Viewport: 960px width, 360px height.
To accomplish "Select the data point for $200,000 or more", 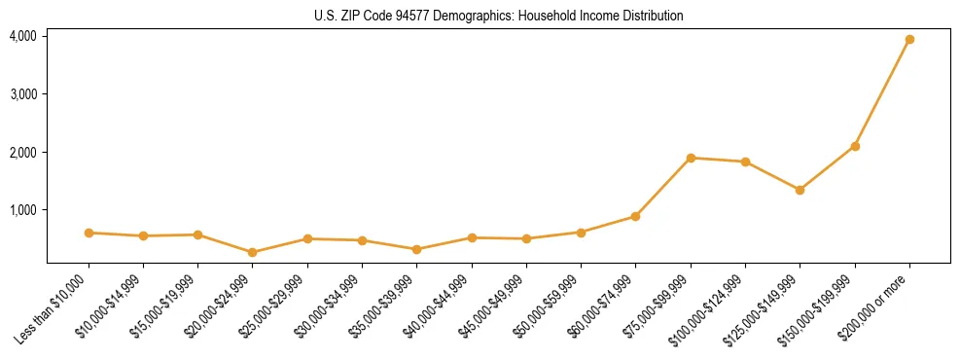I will (x=909, y=40).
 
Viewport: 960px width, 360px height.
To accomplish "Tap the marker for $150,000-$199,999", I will (x=855, y=146).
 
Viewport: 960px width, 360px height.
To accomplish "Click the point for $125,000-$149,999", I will (x=800, y=190).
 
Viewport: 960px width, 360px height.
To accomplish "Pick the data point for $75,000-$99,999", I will (x=691, y=158).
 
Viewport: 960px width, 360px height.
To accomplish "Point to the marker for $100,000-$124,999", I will (x=745, y=162).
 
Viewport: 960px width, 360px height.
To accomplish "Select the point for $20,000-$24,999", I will (x=253, y=252).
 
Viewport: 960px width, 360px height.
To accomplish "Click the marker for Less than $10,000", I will (x=89, y=233).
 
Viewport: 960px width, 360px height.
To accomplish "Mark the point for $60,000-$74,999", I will (x=635, y=216).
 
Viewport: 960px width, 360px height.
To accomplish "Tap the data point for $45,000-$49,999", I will (x=526, y=238).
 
